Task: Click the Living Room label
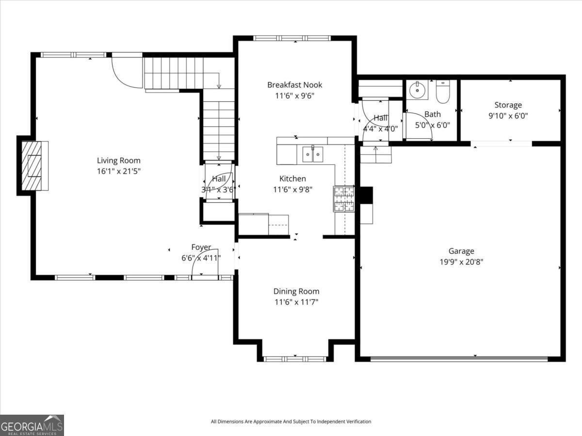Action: (x=118, y=161)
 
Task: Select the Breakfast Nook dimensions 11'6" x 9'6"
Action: (x=294, y=96)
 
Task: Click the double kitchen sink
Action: (x=313, y=154)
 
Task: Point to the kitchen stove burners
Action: (x=344, y=199)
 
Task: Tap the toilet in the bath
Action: (x=443, y=92)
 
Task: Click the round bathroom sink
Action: (x=418, y=90)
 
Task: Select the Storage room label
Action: (x=508, y=105)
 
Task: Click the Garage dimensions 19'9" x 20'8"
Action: (x=461, y=262)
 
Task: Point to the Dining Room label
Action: (x=296, y=291)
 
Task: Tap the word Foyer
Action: (x=201, y=247)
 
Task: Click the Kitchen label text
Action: (x=293, y=178)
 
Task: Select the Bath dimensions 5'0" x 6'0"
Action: (x=433, y=125)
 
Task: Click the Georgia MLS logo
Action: (x=32, y=425)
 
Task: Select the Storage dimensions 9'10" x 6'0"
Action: (x=508, y=116)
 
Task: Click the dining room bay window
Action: (x=295, y=359)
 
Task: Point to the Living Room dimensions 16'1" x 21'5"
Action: (x=118, y=171)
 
